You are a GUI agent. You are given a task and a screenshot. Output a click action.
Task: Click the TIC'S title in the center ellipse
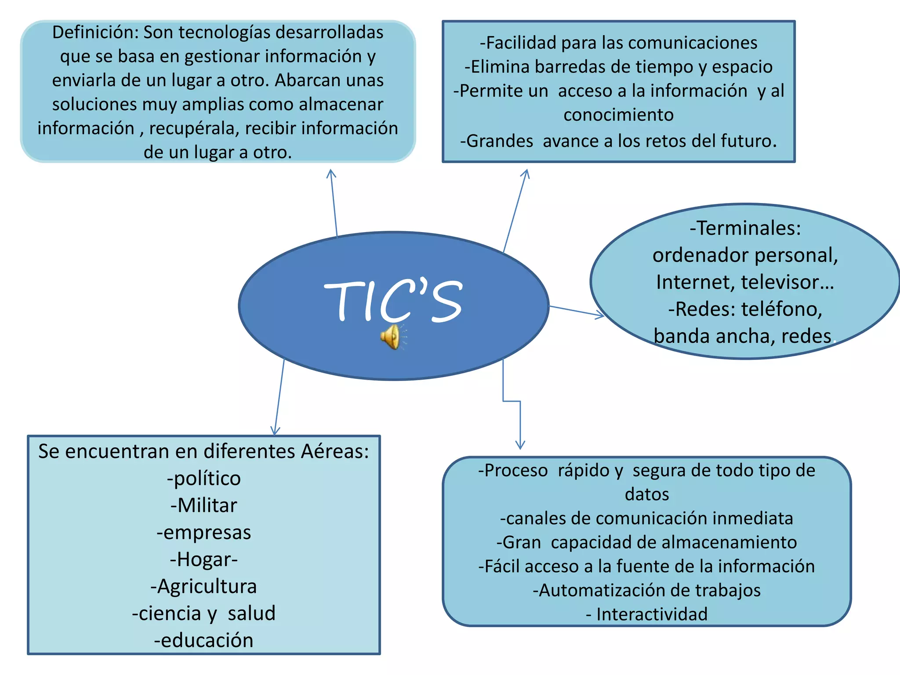click(x=393, y=301)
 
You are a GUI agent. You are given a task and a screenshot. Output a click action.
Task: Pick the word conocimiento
click(x=618, y=115)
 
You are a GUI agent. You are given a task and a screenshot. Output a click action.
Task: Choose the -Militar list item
click(x=204, y=505)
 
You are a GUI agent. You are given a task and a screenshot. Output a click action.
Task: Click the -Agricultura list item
click(x=204, y=586)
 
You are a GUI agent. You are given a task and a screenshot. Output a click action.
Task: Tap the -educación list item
click(x=204, y=640)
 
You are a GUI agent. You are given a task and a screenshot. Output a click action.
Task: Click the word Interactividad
click(x=652, y=614)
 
